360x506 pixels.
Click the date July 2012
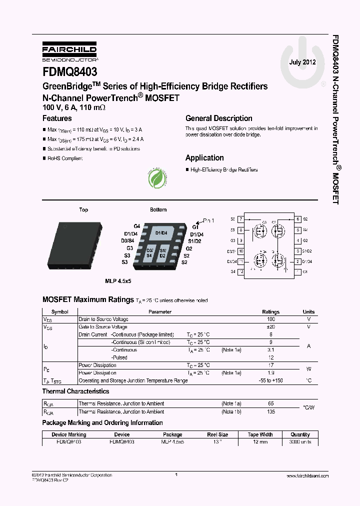point(302,62)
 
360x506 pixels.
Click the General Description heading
point(218,118)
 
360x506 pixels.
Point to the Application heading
point(204,157)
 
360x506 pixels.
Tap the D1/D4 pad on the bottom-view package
point(161,233)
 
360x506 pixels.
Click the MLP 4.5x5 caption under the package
point(118,281)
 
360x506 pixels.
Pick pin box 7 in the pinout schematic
point(241,219)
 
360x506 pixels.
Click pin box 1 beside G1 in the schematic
point(297,271)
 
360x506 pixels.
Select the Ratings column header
point(271,311)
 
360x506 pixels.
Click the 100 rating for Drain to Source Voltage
point(271,319)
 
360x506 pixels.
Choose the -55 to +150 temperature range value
point(271,380)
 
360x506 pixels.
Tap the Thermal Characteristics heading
point(75,391)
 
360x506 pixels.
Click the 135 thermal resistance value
point(271,412)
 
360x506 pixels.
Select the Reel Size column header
point(217,434)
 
